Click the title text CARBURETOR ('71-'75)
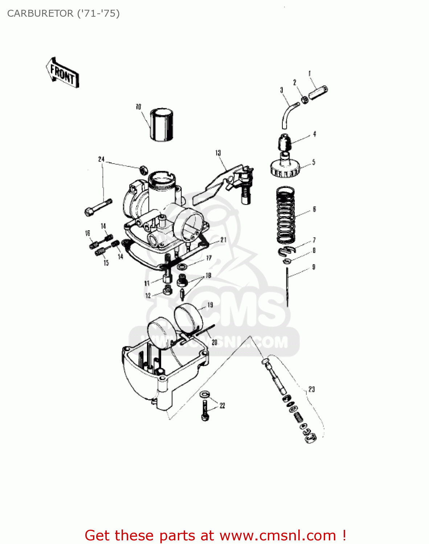click(64, 13)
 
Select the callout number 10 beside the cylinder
click(138, 107)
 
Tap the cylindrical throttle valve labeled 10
click(162, 124)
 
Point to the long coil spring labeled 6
click(286, 215)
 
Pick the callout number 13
click(218, 153)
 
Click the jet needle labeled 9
click(287, 287)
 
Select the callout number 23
click(311, 389)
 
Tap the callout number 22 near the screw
click(222, 405)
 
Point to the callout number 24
click(101, 159)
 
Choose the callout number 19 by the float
click(210, 305)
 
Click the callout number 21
click(223, 240)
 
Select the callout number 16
click(87, 233)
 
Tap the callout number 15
click(106, 263)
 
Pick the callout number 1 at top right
click(310, 74)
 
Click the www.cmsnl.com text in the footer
click(278, 535)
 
